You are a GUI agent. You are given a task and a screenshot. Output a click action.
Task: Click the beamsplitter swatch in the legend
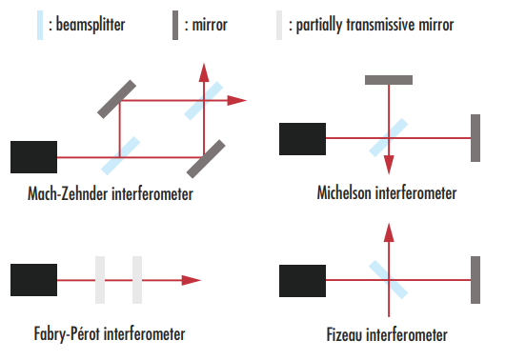(39, 23)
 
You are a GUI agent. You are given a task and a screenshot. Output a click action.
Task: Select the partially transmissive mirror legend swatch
(279, 23)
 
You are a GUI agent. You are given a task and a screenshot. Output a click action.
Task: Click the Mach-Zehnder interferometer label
(111, 194)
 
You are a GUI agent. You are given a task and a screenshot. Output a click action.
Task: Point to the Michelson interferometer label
(387, 193)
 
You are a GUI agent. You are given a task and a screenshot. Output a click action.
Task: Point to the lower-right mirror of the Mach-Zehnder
(207, 159)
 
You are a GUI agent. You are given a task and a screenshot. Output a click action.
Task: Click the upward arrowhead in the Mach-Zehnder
(204, 72)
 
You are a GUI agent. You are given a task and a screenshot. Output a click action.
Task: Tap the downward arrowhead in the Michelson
(389, 164)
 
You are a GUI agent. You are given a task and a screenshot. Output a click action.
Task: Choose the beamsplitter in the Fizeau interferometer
(389, 279)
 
